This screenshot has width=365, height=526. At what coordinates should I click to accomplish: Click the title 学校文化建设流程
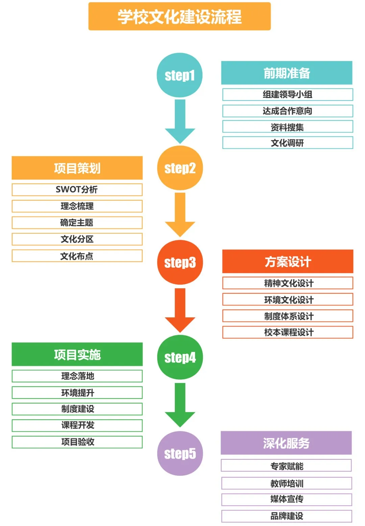click(179, 17)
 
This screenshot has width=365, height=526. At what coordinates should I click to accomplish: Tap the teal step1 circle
click(179, 75)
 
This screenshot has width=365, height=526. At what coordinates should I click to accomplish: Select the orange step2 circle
click(180, 168)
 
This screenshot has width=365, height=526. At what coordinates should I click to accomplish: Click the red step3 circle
click(180, 262)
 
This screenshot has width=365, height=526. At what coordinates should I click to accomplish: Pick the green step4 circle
click(180, 357)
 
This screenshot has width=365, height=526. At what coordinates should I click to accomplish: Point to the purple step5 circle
click(180, 453)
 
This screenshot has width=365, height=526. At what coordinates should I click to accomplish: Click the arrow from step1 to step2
click(180, 120)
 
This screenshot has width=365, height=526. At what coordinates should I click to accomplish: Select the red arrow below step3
click(180, 309)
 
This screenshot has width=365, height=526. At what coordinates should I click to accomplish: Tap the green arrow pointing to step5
click(180, 404)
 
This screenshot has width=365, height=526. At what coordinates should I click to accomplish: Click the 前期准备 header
click(287, 73)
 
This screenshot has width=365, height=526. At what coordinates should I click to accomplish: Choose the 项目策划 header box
click(77, 168)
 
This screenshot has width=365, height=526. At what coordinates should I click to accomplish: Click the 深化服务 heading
click(286, 443)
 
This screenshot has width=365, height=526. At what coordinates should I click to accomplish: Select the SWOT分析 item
click(77, 190)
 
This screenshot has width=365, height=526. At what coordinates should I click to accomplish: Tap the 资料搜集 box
click(287, 127)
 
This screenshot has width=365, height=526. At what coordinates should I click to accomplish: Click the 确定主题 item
click(77, 223)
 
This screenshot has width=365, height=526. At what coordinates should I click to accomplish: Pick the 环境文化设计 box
click(288, 300)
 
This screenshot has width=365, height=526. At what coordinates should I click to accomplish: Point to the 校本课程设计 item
click(288, 332)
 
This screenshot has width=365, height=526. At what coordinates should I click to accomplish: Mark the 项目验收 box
click(77, 442)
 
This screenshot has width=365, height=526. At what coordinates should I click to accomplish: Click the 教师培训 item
click(287, 483)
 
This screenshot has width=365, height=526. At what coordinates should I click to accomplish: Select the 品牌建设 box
click(287, 516)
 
